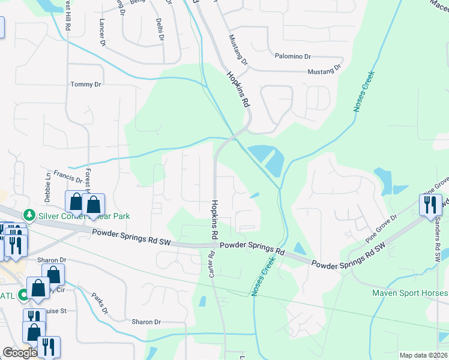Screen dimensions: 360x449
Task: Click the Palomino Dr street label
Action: tap(292, 56)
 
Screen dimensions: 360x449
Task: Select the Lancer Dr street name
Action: tap(101, 35)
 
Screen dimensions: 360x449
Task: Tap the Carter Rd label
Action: tap(211, 263)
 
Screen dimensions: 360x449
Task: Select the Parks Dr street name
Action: tap(99, 304)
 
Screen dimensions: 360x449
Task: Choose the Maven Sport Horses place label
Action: tap(410, 293)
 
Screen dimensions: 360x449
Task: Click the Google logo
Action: tap(19, 353)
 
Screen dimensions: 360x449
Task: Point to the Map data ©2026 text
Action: tap(423, 355)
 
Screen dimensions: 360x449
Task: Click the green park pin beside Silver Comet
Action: tap(28, 215)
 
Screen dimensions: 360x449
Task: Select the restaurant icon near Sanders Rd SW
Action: tap(430, 205)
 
